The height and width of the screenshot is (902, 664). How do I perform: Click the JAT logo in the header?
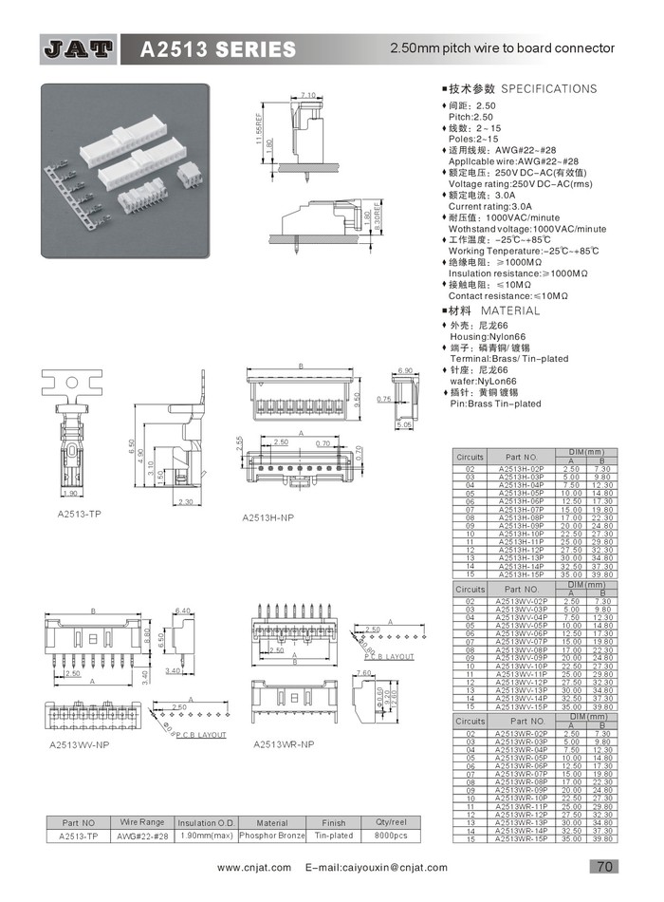(x=80, y=48)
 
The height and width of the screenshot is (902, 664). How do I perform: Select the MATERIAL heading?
(x=509, y=310)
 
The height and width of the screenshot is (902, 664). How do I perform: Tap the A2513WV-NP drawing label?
(x=80, y=744)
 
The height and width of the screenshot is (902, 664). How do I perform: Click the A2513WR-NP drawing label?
(x=284, y=743)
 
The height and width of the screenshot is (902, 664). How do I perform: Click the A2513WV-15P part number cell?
(x=522, y=706)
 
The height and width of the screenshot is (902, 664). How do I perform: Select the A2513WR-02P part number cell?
(x=522, y=734)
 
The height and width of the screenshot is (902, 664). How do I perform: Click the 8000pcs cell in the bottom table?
(x=391, y=836)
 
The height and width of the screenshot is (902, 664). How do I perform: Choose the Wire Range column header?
(x=142, y=821)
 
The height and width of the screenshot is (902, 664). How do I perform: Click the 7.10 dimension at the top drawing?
(x=308, y=95)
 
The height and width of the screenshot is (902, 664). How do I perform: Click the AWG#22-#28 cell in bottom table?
(x=142, y=836)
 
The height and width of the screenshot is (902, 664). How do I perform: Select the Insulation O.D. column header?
(x=204, y=822)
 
